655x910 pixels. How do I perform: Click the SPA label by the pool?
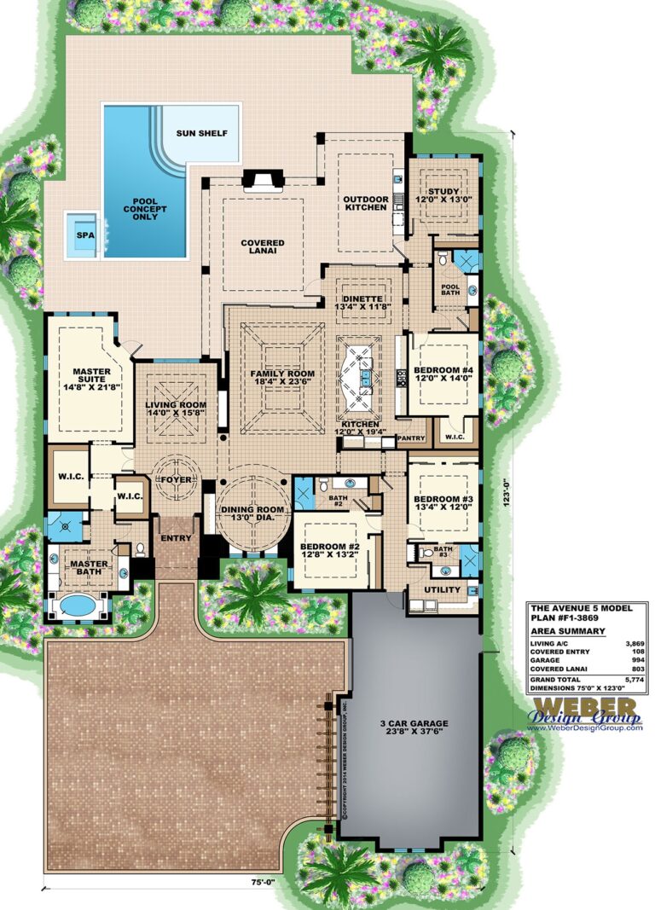coord(84,235)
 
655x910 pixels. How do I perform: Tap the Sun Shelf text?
coord(201,134)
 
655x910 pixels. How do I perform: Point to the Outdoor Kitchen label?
coord(365,203)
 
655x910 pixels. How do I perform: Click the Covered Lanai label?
coord(263,248)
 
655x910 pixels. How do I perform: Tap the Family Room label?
coord(282,380)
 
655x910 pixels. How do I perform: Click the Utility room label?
coord(442,589)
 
